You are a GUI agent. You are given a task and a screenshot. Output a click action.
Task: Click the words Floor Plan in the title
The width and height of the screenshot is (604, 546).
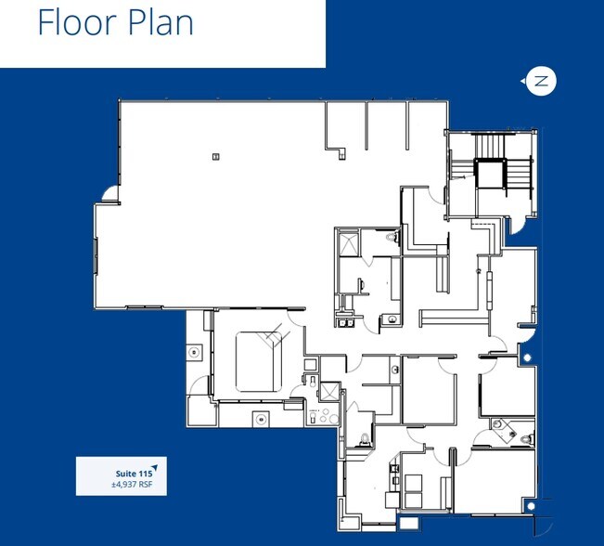(x=115, y=22)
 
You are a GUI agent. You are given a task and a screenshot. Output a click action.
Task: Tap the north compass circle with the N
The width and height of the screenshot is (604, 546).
(x=540, y=82)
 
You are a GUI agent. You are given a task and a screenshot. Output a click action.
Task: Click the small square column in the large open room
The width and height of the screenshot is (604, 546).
(x=215, y=156)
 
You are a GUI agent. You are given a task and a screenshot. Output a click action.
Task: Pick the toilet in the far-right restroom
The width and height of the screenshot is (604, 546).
(x=526, y=437)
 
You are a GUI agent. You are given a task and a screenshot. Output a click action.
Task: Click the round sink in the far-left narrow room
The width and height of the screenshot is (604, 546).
(x=194, y=352)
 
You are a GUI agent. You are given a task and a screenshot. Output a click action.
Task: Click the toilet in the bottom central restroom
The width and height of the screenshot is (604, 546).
(x=366, y=438)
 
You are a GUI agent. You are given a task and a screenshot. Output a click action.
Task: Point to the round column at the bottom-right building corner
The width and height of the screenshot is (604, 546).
(x=528, y=506)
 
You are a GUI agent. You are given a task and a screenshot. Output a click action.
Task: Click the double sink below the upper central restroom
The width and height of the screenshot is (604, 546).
(x=346, y=318)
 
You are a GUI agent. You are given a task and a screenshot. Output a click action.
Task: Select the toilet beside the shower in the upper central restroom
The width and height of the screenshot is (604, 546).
(x=391, y=239)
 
